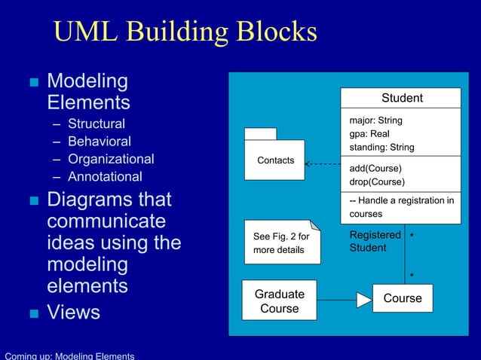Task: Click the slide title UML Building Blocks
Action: (x=185, y=32)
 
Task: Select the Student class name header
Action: (x=401, y=98)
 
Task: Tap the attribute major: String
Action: (x=375, y=121)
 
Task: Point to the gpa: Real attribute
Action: (x=369, y=134)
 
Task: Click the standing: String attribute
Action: (x=381, y=148)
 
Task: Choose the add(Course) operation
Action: (x=375, y=168)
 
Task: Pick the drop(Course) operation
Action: (x=377, y=182)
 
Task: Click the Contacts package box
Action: (x=274, y=160)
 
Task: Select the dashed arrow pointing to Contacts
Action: (x=323, y=163)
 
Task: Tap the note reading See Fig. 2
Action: (x=282, y=243)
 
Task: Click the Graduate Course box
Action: (x=279, y=301)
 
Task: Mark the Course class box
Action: (x=403, y=298)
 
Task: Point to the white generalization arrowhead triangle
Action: (x=364, y=300)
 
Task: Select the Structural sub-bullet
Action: (x=97, y=124)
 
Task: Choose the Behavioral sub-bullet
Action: (x=99, y=142)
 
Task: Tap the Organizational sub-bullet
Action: (x=111, y=159)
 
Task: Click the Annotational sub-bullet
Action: (x=105, y=177)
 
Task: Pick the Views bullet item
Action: (x=73, y=313)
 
